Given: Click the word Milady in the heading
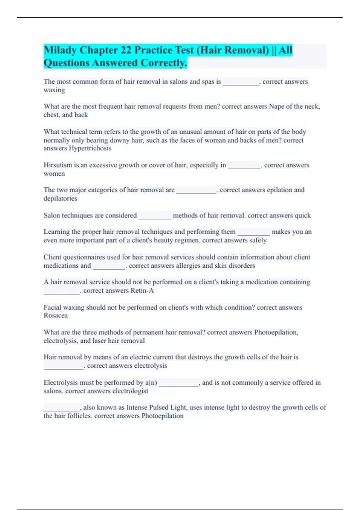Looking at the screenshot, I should click(60, 50).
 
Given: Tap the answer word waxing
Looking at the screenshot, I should click(54, 90).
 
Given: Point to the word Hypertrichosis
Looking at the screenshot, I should click(90, 148).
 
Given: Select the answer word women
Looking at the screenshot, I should click(54, 174).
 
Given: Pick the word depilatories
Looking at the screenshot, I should click(60, 199).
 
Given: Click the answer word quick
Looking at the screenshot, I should click(303, 215).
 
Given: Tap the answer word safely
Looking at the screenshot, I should click(258, 240).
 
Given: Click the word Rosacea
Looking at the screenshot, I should click(55, 315).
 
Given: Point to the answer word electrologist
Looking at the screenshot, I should click(130, 391).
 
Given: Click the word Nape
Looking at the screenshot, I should click(276, 106).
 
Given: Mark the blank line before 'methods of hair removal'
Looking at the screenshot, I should click(155, 217).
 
